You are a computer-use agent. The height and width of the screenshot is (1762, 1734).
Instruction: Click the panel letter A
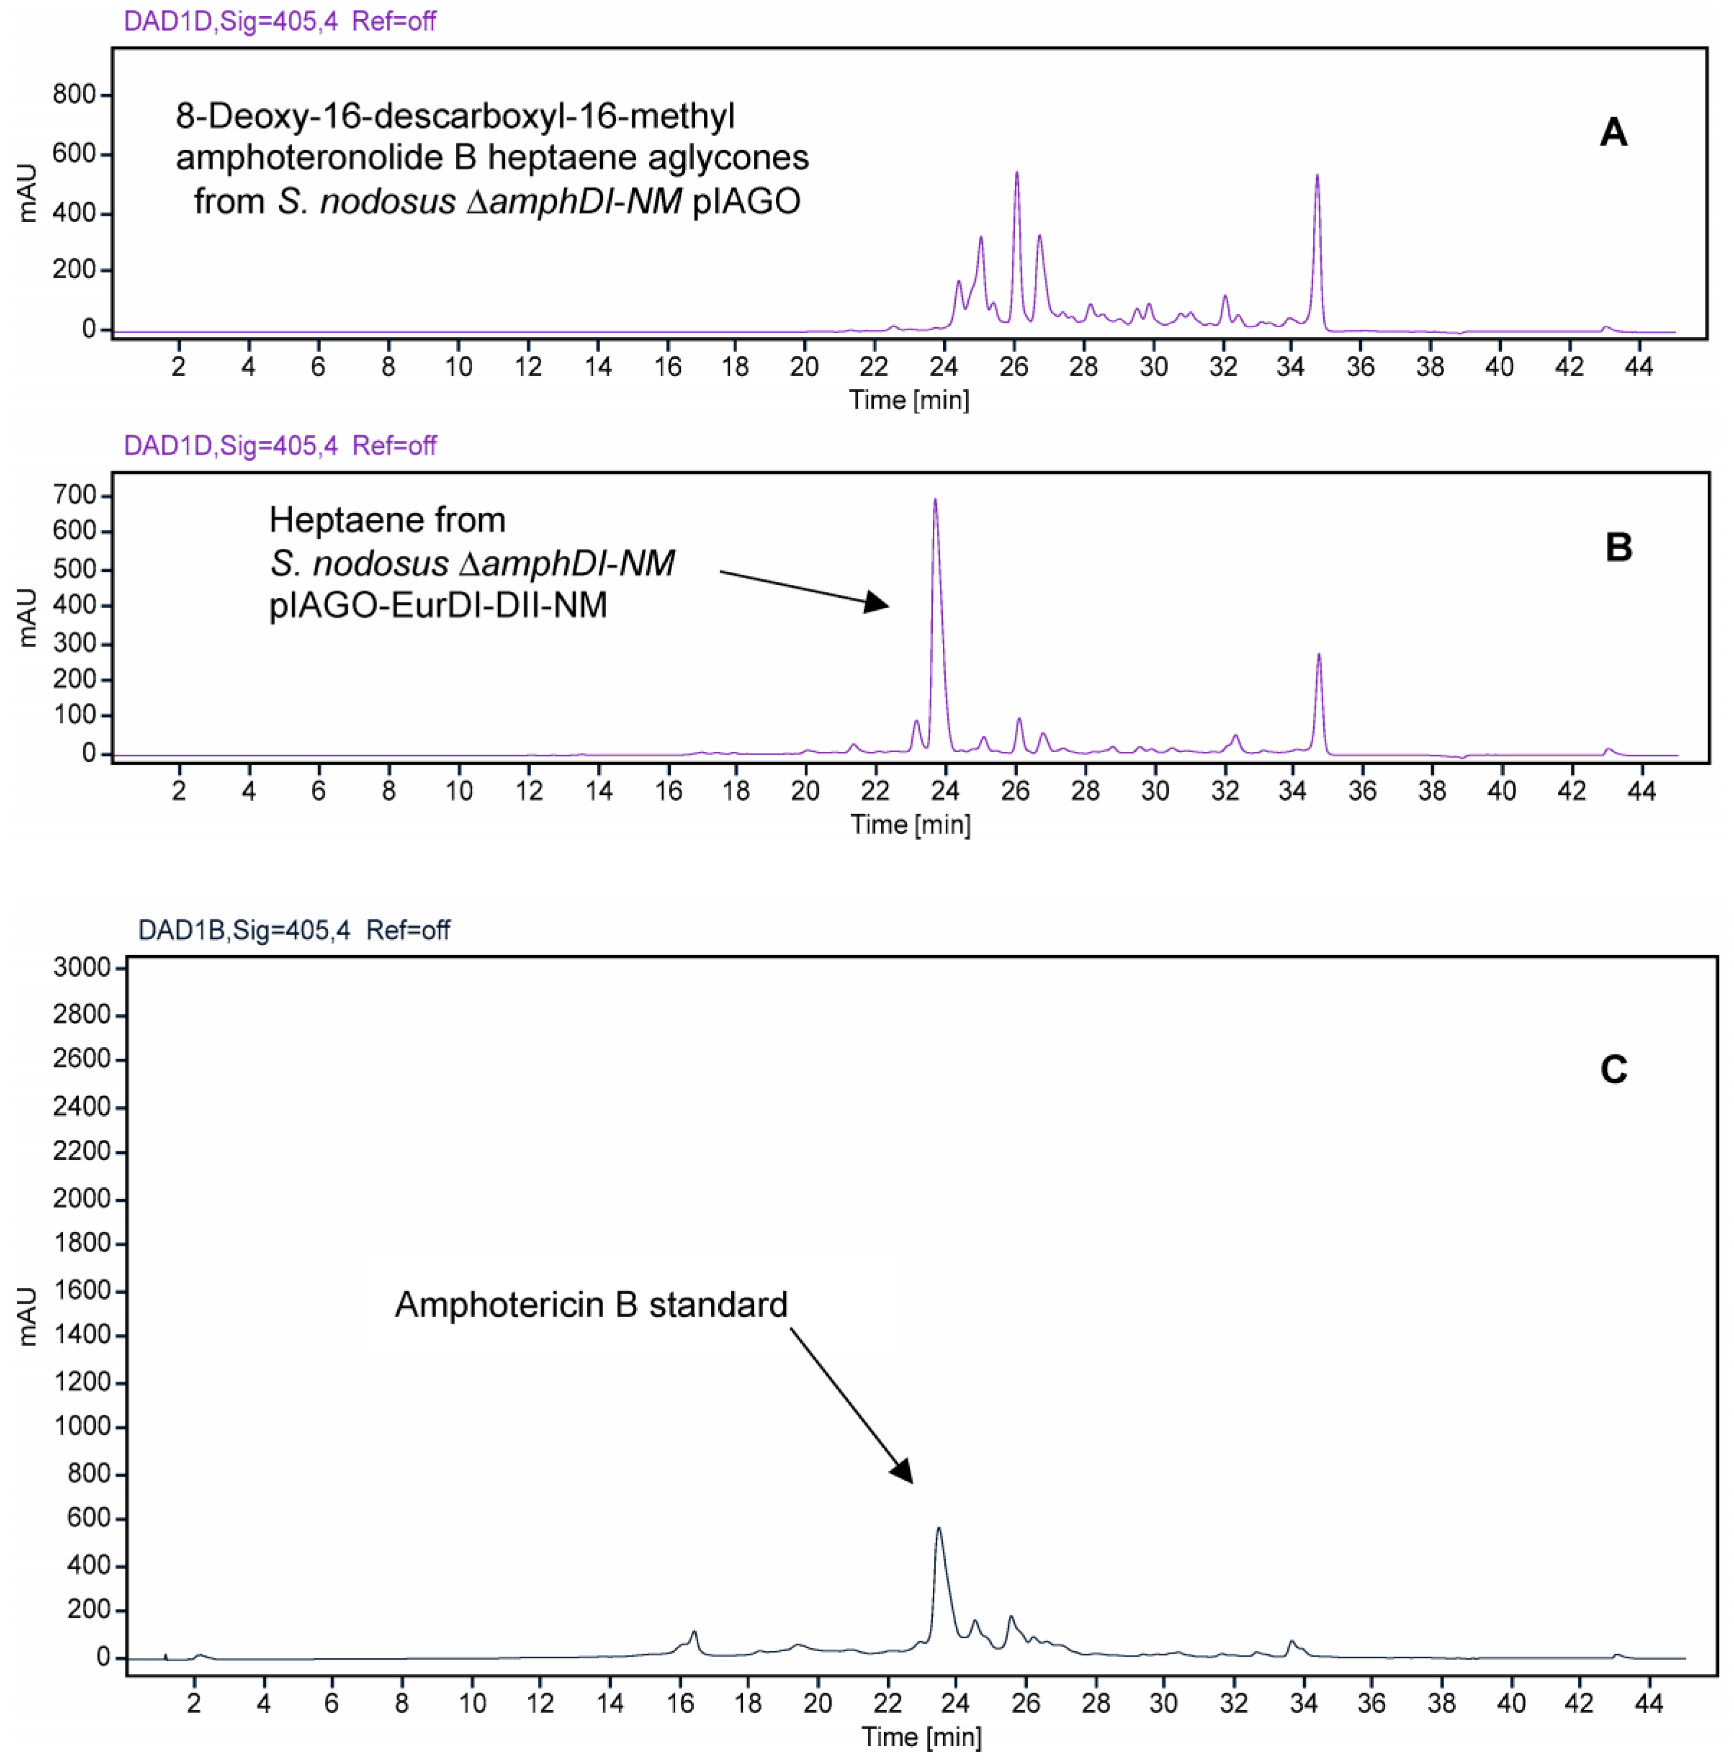click(x=1613, y=133)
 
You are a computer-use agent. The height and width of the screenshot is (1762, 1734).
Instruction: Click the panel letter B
click(x=1617, y=547)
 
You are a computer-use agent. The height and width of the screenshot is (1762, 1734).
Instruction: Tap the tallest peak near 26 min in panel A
click(x=1016, y=174)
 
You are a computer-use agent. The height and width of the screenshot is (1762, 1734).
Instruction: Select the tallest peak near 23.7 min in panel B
click(x=934, y=501)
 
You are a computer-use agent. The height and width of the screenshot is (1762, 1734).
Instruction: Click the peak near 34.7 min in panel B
click(x=1318, y=656)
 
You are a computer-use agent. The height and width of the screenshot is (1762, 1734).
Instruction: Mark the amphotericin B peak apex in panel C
click(x=939, y=1529)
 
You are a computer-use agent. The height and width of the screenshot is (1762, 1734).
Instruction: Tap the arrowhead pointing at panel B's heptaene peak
click(x=877, y=603)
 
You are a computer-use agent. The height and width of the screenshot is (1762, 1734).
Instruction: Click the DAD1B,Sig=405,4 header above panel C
click(x=244, y=930)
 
